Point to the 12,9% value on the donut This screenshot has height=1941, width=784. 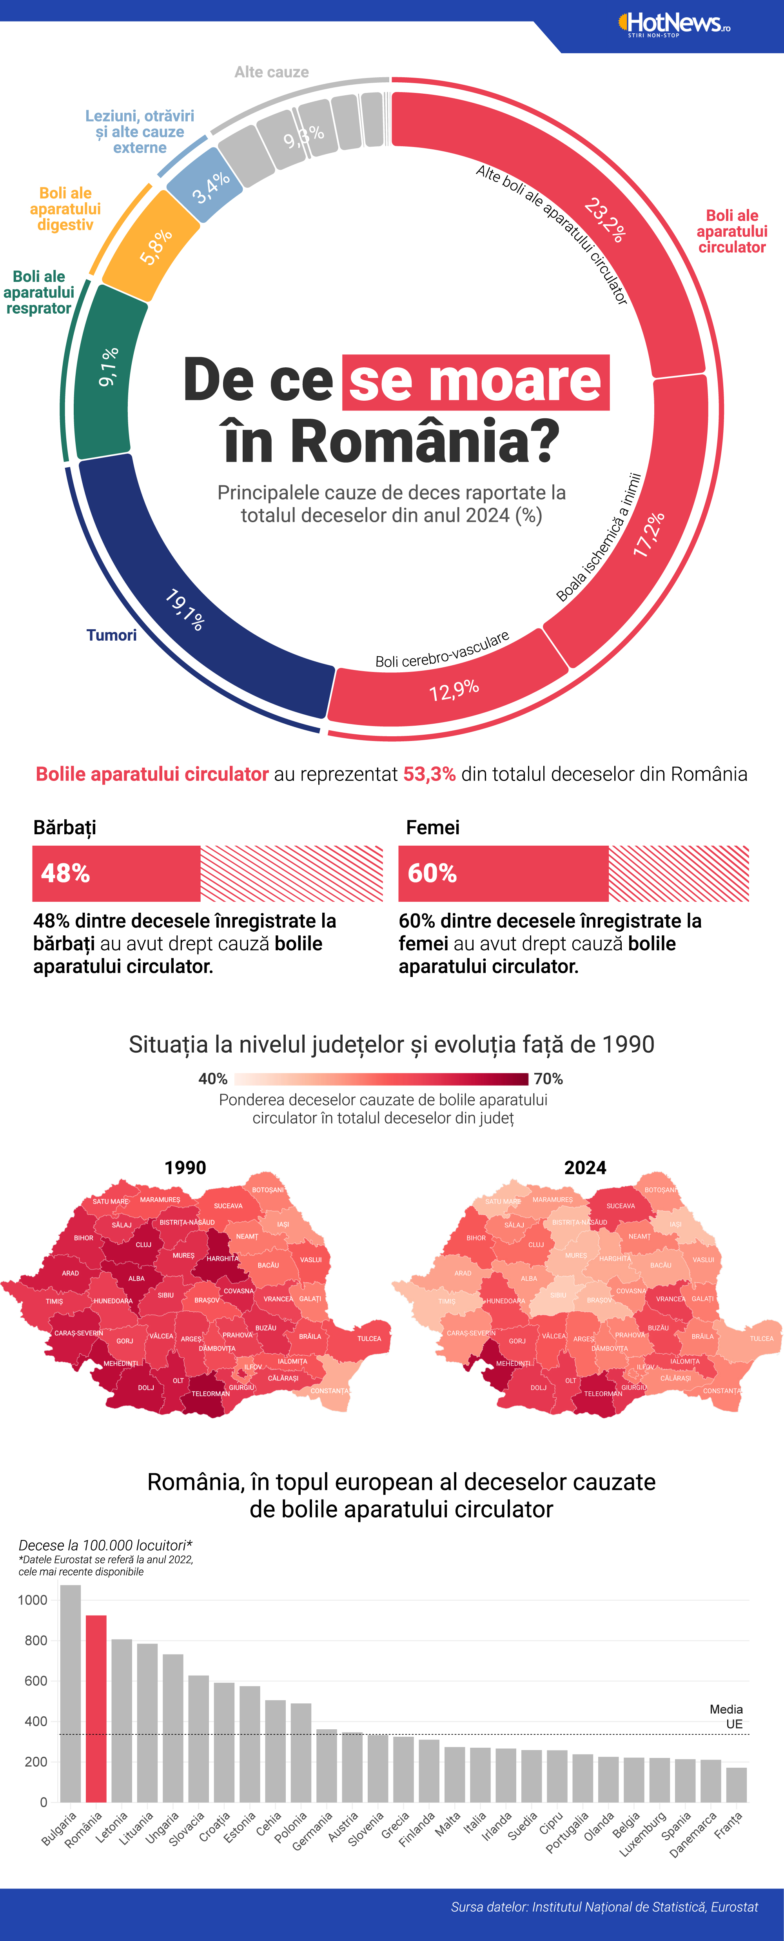tap(454, 690)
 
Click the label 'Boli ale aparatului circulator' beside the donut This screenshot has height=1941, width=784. tap(731, 231)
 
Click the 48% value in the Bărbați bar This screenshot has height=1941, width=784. tap(65, 873)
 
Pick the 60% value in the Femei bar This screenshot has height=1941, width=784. tap(432, 873)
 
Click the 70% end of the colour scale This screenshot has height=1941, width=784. tap(548, 1079)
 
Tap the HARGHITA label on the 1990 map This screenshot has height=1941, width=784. tap(222, 1258)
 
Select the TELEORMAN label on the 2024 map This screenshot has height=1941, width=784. tap(603, 1394)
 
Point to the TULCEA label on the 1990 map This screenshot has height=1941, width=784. tap(369, 1339)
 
